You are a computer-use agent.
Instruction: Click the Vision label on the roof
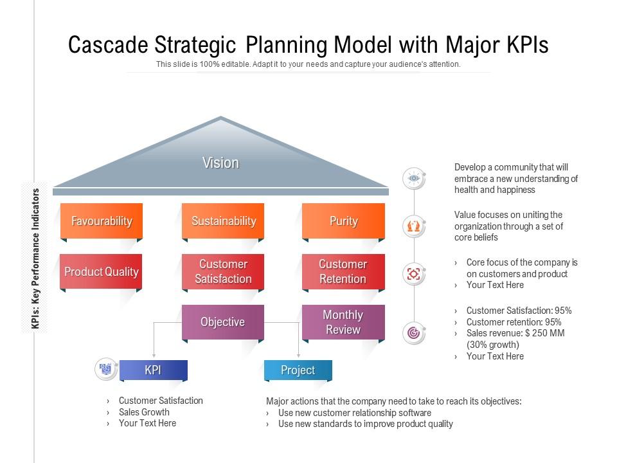pos(220,163)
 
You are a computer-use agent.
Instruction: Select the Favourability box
pos(102,221)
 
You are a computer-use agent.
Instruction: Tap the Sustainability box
pos(223,221)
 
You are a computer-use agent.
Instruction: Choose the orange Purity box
pos(343,221)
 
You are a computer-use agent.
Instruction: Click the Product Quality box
pos(102,271)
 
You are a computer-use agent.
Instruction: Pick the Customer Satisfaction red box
pos(223,271)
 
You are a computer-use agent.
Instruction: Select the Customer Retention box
pos(343,271)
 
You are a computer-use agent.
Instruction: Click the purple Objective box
pos(223,322)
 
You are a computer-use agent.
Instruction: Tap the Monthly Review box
pos(343,322)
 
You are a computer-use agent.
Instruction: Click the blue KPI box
pos(153,370)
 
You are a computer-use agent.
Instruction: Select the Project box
pos(298,370)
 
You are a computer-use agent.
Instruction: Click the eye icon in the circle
pos(414,178)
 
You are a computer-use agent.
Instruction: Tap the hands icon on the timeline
pos(414,226)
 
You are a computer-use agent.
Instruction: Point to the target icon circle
pos(414,333)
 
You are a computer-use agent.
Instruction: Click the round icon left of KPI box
pos(106,369)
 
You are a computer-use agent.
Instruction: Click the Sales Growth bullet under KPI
pos(144,412)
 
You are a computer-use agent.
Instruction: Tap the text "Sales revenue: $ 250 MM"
pos(515,333)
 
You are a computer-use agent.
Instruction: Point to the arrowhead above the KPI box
pos(154,354)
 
